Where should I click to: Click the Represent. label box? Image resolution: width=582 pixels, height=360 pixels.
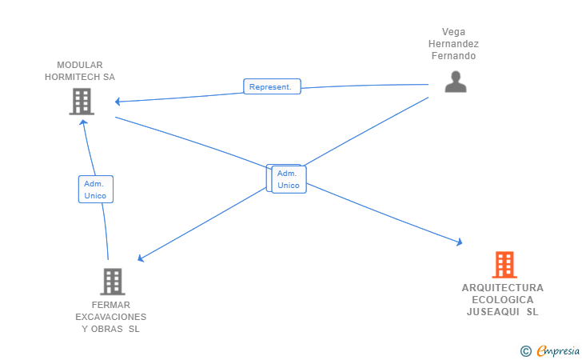[x=272, y=86]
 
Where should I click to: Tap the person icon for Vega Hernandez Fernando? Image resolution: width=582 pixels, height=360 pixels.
[x=456, y=82]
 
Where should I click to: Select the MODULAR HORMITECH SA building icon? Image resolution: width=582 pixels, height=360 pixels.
[x=82, y=102]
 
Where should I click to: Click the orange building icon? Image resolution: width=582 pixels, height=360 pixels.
[x=504, y=265]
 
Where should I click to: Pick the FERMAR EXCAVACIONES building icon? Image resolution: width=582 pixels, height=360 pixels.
[x=113, y=282]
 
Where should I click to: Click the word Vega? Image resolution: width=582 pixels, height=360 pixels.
[x=453, y=32]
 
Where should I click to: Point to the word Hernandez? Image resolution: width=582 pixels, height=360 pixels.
[x=453, y=44]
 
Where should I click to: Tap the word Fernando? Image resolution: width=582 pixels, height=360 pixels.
[x=453, y=56]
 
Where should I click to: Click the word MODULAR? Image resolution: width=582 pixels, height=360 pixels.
[x=80, y=65]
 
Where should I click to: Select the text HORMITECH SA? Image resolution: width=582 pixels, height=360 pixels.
[x=80, y=77]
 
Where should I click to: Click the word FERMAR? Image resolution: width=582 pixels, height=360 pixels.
[x=110, y=305]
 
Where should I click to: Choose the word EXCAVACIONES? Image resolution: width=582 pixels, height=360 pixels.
[x=110, y=317]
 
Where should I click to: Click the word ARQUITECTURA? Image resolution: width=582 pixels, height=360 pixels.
[x=503, y=288]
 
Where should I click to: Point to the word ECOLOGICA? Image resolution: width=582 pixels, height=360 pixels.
[x=503, y=300]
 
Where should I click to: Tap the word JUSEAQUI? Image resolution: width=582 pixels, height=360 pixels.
[x=492, y=312]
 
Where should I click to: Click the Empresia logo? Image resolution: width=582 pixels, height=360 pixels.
[x=558, y=350]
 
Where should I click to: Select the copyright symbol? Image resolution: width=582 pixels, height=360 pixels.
[x=525, y=351]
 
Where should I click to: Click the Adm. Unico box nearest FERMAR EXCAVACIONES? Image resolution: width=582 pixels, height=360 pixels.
[x=96, y=189]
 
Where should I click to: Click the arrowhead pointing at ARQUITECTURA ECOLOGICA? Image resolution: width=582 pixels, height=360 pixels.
[x=460, y=242]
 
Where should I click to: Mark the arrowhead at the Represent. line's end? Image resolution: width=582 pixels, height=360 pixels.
[x=118, y=102]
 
